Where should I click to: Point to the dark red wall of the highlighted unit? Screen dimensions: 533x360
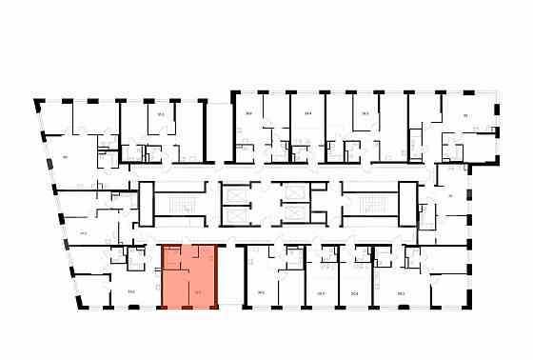click(217, 276)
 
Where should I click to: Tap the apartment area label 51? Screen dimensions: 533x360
click(466, 115)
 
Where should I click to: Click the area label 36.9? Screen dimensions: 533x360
click(248, 113)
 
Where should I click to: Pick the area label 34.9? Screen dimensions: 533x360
click(307, 113)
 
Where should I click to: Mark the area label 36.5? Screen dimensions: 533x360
click(260, 292)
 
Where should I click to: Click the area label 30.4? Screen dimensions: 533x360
click(354, 292)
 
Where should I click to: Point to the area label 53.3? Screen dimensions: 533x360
click(401, 292)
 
